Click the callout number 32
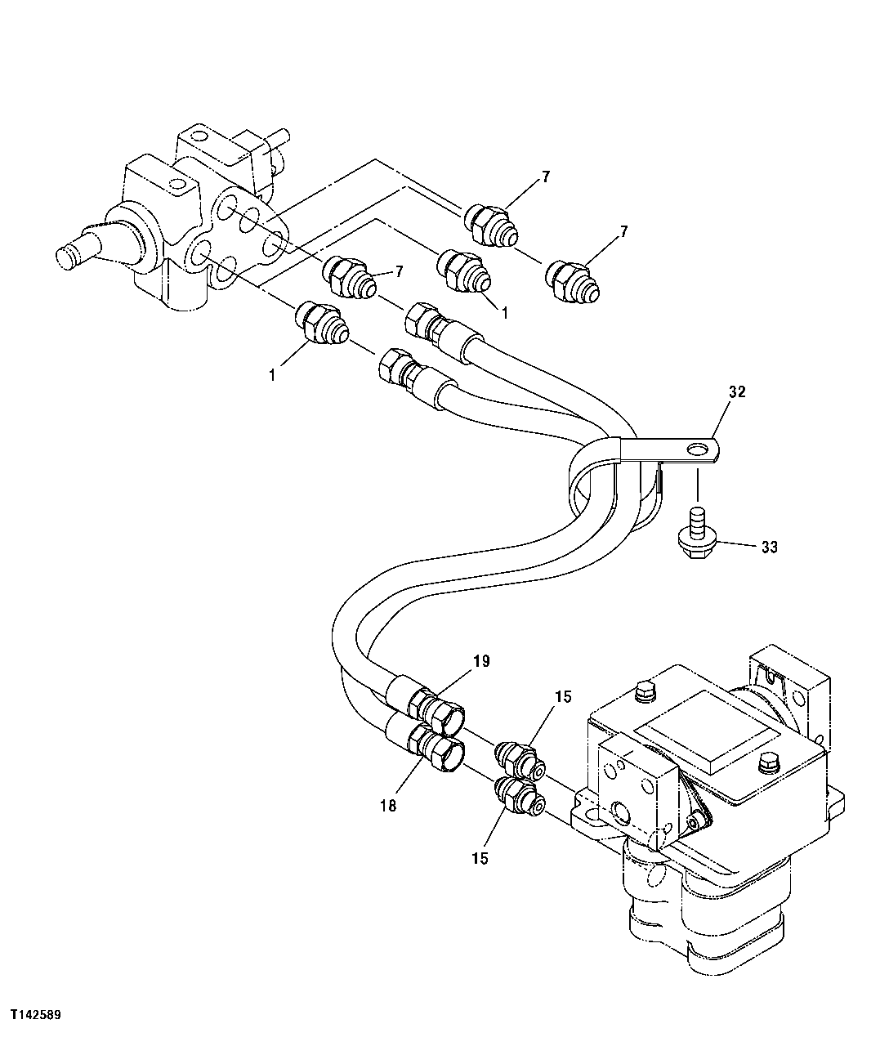[x=737, y=392]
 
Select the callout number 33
[x=769, y=547]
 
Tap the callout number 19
[x=480, y=661]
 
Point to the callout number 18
[x=387, y=805]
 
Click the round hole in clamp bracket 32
[x=697, y=450]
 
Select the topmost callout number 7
[x=545, y=177]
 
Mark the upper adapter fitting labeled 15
[x=519, y=758]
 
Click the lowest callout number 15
[x=480, y=859]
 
